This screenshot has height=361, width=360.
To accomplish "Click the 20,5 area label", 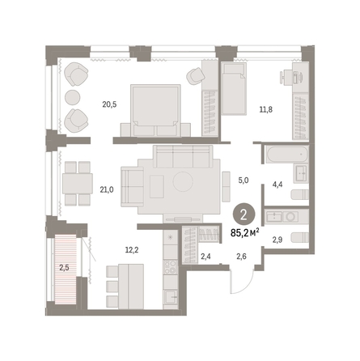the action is point(109,104).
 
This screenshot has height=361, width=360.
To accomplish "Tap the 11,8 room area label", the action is point(265,109).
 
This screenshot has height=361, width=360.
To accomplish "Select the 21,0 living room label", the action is point(107,190).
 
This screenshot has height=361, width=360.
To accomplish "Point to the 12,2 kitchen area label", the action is point(132,250).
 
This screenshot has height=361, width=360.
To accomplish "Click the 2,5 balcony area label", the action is point(64,268).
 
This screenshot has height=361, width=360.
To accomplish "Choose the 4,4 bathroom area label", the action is point(277,185).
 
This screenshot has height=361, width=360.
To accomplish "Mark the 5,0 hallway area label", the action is point(244,180).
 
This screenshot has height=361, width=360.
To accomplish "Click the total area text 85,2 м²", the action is point(245,232).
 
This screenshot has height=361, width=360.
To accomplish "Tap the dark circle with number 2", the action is point(244,215).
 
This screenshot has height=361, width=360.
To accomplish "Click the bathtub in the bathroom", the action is point(287,155).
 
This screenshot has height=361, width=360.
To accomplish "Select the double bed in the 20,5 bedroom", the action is point(155,110).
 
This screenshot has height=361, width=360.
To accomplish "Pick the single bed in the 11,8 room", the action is point(234,89).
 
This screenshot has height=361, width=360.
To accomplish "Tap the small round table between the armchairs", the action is point(73,97).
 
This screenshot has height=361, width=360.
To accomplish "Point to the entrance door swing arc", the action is point(245,285).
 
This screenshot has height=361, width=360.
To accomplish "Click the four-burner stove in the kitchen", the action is point(171,267).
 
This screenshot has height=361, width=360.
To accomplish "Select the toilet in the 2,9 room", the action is point(299,237).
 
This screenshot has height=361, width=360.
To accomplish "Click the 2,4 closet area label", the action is point(205,256).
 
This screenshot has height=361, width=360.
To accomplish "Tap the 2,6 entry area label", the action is point(241,256).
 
